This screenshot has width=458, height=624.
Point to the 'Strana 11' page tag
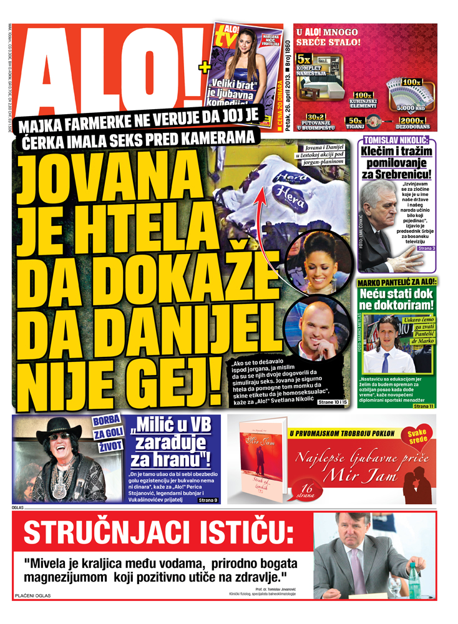[x=423, y=406]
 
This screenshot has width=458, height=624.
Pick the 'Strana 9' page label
[x=208, y=500]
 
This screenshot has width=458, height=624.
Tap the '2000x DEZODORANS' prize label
[x=412, y=121]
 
